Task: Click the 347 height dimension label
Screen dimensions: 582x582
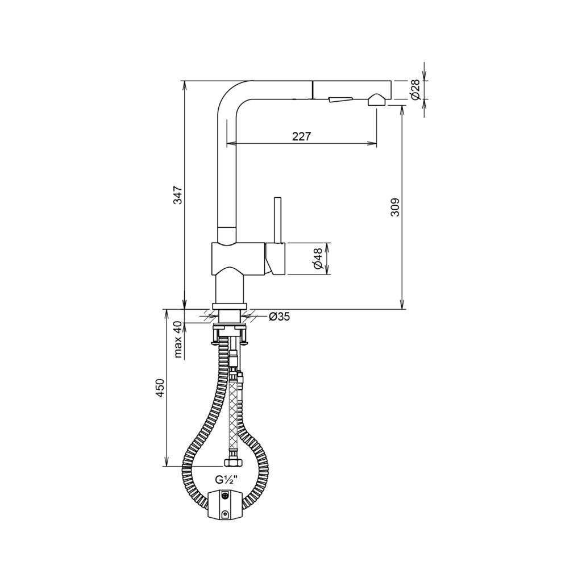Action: point(178,195)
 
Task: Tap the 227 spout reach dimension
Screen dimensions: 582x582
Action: point(301,136)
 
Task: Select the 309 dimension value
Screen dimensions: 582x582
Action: point(395,207)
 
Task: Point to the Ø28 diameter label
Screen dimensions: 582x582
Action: point(415,90)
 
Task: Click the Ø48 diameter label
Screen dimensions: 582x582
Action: point(317,259)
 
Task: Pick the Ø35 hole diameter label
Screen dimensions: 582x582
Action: point(278,317)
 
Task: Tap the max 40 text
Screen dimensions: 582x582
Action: point(178,340)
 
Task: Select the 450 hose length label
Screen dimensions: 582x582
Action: point(160,388)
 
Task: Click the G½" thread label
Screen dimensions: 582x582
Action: point(226,480)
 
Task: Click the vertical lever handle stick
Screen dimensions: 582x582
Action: point(278,220)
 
